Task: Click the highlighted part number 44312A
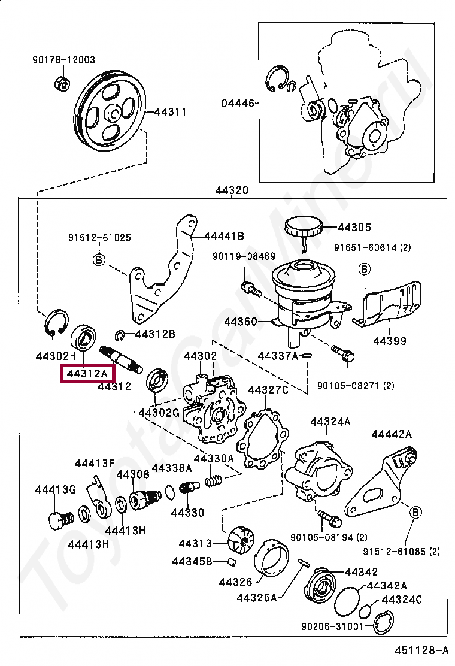pos(87,374)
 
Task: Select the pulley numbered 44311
pos(110,114)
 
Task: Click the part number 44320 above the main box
pos(231,190)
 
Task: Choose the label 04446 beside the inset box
pos(238,103)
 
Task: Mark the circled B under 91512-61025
pos(99,259)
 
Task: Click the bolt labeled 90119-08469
pos(251,290)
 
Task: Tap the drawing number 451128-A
pos(421,650)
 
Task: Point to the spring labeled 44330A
pos(214,480)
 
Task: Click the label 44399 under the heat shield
pos(390,341)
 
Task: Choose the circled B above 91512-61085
pos(415,512)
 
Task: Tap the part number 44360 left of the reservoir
pos(241,322)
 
